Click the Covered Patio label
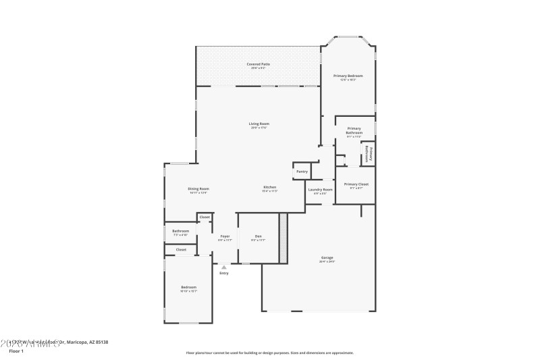coord(259,64)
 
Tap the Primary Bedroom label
coord(348,76)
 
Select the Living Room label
coord(259,124)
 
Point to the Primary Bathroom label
coord(354,130)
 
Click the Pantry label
coord(302,172)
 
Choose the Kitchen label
coord(269,187)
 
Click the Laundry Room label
coord(321,190)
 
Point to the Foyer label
coord(225,236)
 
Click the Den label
coord(258,236)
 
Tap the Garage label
coord(327,257)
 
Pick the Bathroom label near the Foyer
coord(180,231)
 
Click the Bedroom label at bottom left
coord(188,288)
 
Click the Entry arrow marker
coord(223,267)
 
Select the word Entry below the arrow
coord(223,273)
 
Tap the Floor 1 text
coord(16,351)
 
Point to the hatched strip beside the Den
coord(283,238)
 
